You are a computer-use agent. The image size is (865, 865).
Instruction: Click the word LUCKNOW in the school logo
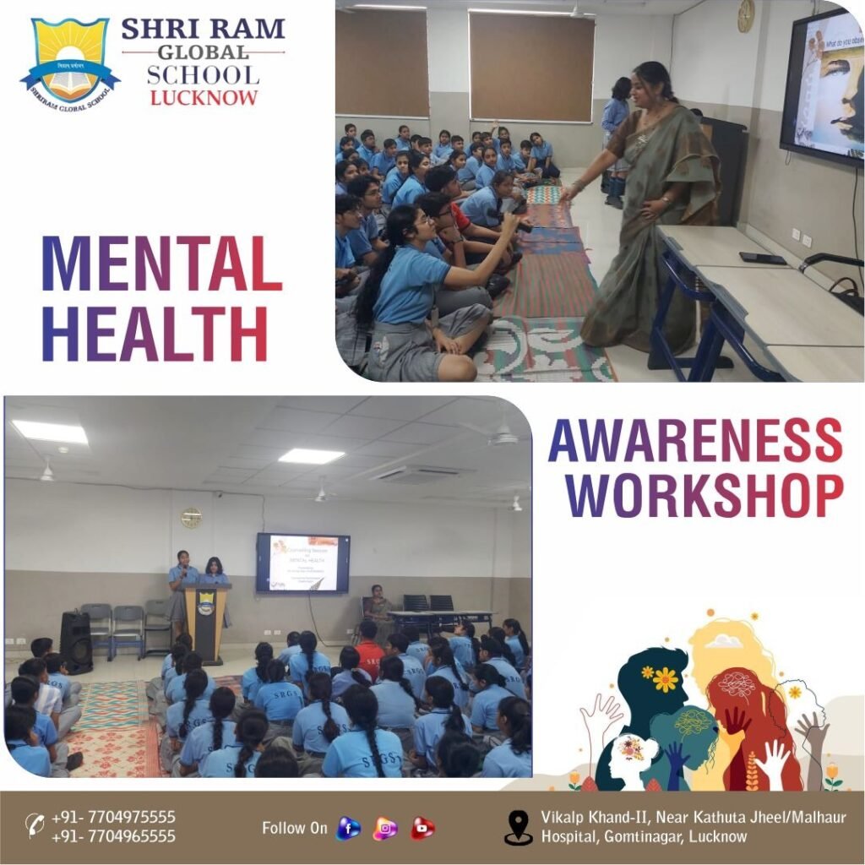204,97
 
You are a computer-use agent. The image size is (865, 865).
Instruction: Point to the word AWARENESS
694,440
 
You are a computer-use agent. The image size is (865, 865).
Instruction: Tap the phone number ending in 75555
113,817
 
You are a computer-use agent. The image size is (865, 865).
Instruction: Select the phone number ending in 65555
113,836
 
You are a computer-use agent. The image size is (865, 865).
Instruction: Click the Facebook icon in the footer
347,829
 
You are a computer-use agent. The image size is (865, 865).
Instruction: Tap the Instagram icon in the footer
385,829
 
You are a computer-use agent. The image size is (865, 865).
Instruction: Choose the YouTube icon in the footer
422,829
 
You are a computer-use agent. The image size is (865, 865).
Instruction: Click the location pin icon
518,828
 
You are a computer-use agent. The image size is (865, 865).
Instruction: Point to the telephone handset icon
35,825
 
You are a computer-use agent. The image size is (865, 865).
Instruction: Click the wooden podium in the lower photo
206,622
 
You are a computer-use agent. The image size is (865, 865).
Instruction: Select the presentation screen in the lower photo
302,563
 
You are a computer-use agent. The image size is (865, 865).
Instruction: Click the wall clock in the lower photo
192,518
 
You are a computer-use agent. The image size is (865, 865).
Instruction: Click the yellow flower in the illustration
665,678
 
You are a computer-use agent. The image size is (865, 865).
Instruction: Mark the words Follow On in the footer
294,829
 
